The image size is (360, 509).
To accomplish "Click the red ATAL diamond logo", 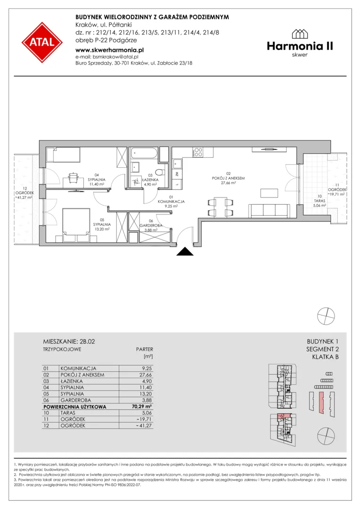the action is pyautogui.click(x=42, y=42).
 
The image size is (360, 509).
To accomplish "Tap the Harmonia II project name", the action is pyautogui.click(x=300, y=46).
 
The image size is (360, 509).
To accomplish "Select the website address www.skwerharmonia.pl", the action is pyautogui.click(x=109, y=50).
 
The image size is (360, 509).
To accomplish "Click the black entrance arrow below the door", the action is pyautogui.click(x=185, y=251).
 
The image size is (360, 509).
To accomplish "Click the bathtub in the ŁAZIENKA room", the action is pyautogui.click(x=144, y=154).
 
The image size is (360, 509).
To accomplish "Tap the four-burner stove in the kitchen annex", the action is pyautogui.click(x=198, y=152).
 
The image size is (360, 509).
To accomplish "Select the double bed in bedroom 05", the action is pyautogui.click(x=76, y=226).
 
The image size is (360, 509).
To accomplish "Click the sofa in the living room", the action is pyautogui.click(x=269, y=211).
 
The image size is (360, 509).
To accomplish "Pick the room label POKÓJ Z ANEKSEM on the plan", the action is pyautogui.click(x=228, y=178).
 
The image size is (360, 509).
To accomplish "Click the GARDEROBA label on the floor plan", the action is pyautogui.click(x=151, y=225).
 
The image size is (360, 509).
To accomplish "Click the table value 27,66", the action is pyautogui.click(x=146, y=375).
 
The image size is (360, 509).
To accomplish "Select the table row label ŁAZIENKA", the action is pyautogui.click(x=72, y=381).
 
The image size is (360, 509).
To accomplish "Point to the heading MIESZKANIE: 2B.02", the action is pyautogui.click(x=69, y=341).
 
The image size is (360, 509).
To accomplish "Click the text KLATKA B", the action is pyautogui.click(x=325, y=357).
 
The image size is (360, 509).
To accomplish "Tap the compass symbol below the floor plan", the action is pyautogui.click(x=326, y=315).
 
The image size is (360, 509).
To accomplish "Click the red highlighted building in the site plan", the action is pyautogui.click(x=321, y=402).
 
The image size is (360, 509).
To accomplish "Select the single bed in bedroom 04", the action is pyautogui.click(x=63, y=155).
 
